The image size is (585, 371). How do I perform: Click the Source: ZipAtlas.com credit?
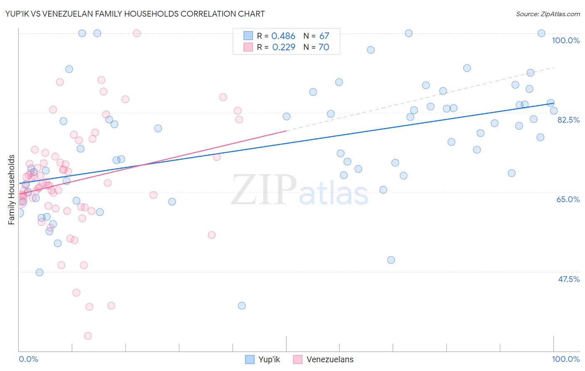548,14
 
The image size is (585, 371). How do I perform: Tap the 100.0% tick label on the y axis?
565,40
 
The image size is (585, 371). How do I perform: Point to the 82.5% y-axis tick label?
568,120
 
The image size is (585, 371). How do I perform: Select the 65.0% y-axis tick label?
568,199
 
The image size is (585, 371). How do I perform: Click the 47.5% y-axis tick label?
568,279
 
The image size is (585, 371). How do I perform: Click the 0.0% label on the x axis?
28,359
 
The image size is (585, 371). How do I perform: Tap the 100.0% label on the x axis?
565,359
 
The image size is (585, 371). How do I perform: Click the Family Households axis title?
12,190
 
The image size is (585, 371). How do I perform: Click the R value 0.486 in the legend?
283,36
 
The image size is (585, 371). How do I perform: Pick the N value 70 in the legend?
324,47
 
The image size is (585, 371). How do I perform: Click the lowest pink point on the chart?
88,336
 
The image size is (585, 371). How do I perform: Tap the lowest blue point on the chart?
242,306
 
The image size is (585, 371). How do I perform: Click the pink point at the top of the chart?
136,33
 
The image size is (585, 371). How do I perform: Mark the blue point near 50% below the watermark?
391,260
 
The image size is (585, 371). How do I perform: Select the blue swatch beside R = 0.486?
248,36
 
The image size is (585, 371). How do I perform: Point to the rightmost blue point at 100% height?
541,33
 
